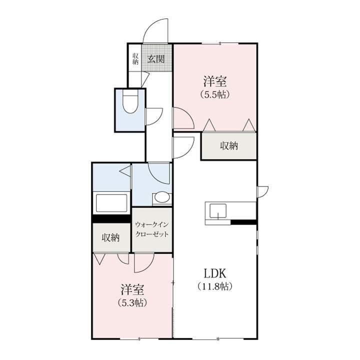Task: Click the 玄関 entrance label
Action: coord(156,59)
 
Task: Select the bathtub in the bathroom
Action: coord(111,203)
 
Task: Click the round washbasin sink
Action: coord(162,197)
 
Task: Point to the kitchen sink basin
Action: coord(218,210)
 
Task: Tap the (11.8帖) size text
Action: coord(215,286)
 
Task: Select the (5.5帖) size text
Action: coord(215,94)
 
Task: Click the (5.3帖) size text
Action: coord(132,302)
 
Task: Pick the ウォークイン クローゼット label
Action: coord(152,229)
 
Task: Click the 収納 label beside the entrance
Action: coord(135,58)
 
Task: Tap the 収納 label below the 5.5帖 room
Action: coord(229,146)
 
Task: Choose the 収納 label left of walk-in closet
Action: coord(110,237)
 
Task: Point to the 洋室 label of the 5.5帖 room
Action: coord(215,81)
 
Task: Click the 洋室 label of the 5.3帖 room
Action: coord(132,289)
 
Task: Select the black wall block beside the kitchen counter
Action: coord(243,222)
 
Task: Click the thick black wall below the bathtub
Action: coord(111,218)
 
